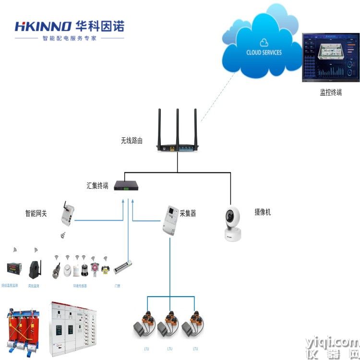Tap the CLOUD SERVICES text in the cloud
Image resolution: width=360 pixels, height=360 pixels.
tap(264, 52)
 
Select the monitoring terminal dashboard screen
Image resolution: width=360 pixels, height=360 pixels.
tap(331, 58)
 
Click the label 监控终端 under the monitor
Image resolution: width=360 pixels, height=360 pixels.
tap(331, 93)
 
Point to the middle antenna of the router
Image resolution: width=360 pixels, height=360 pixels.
tap(177, 126)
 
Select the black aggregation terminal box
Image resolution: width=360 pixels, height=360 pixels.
tap(126, 186)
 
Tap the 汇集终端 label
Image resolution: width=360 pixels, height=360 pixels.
tap(97, 185)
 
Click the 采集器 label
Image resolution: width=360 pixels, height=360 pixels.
tap(188, 213)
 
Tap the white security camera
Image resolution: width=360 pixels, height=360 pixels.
tap(232, 223)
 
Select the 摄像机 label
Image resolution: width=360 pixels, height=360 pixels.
tap(263, 212)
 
